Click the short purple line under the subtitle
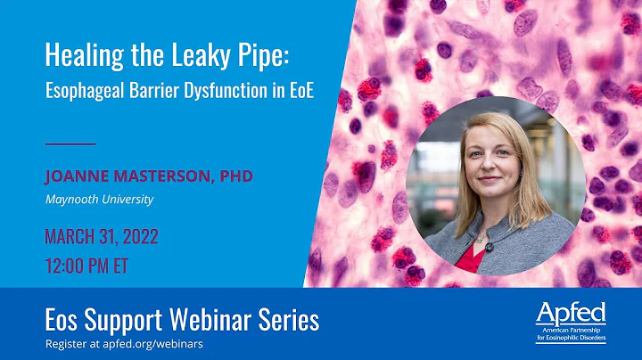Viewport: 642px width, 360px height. point(70,143)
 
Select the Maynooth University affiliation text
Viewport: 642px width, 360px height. point(99,199)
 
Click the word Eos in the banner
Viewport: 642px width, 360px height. point(63,319)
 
